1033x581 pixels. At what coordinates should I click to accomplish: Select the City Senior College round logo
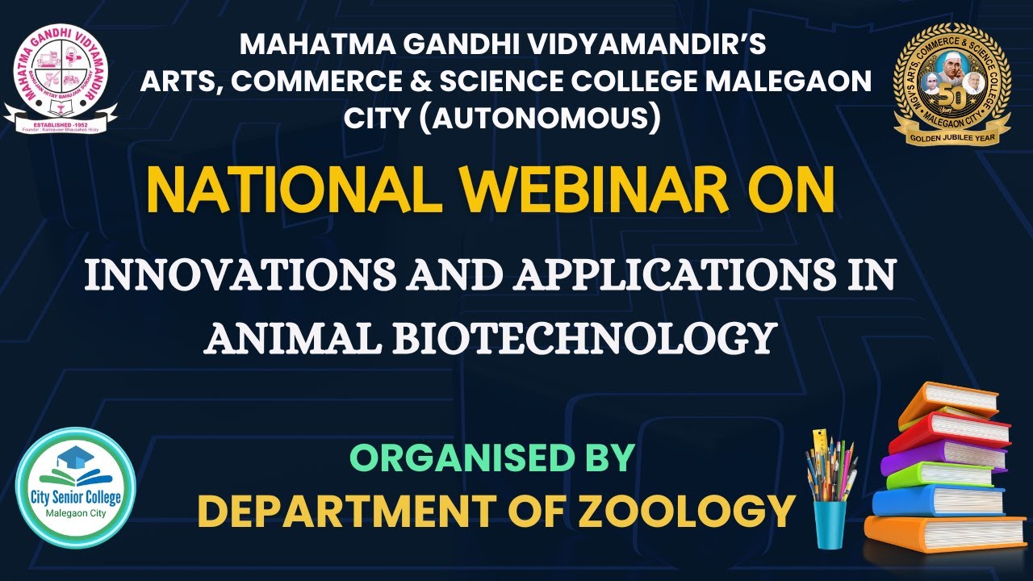(76, 487)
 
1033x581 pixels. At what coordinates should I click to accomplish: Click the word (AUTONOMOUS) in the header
(502, 118)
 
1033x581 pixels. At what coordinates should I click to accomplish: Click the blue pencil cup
(830, 524)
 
